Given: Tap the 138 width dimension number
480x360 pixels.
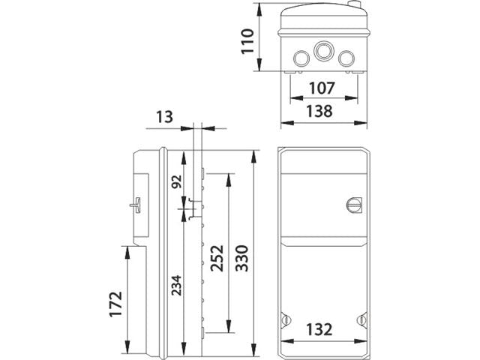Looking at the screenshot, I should [322, 111].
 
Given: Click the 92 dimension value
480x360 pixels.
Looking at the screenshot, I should [177, 182].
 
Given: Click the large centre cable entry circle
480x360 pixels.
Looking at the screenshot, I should [323, 51].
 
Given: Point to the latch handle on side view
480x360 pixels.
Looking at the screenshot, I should [136, 205].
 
